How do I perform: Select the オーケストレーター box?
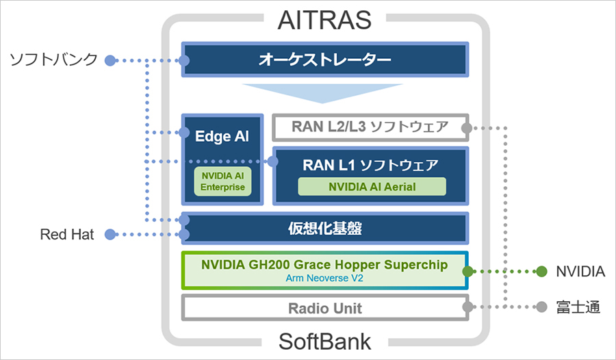(x=324, y=60)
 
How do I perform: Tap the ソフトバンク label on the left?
(x=53, y=60)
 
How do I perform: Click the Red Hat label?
(x=66, y=235)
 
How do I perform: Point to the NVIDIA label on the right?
(x=580, y=272)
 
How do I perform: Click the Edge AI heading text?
(x=222, y=136)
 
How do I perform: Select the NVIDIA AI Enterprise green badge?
(x=222, y=181)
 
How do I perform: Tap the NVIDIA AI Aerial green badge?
(x=372, y=186)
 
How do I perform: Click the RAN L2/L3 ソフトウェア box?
(x=370, y=127)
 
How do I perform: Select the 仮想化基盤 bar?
(x=324, y=229)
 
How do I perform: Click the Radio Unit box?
(x=324, y=308)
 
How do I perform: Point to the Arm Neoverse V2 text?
(x=324, y=279)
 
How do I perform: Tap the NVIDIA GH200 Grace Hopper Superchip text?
(x=324, y=264)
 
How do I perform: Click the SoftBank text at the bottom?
(x=324, y=341)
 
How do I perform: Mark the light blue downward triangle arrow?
(x=324, y=94)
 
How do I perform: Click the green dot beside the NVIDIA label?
(x=541, y=272)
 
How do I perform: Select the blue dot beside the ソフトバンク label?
(x=110, y=60)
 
